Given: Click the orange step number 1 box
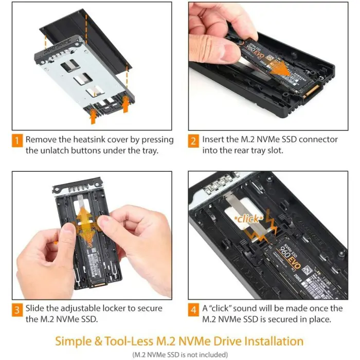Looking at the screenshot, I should point(17,140).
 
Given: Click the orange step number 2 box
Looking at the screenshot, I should point(194,140).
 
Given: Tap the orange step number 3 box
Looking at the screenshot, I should point(17,309).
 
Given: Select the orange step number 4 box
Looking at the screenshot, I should point(194,309).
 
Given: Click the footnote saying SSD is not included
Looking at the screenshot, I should point(180,354).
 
